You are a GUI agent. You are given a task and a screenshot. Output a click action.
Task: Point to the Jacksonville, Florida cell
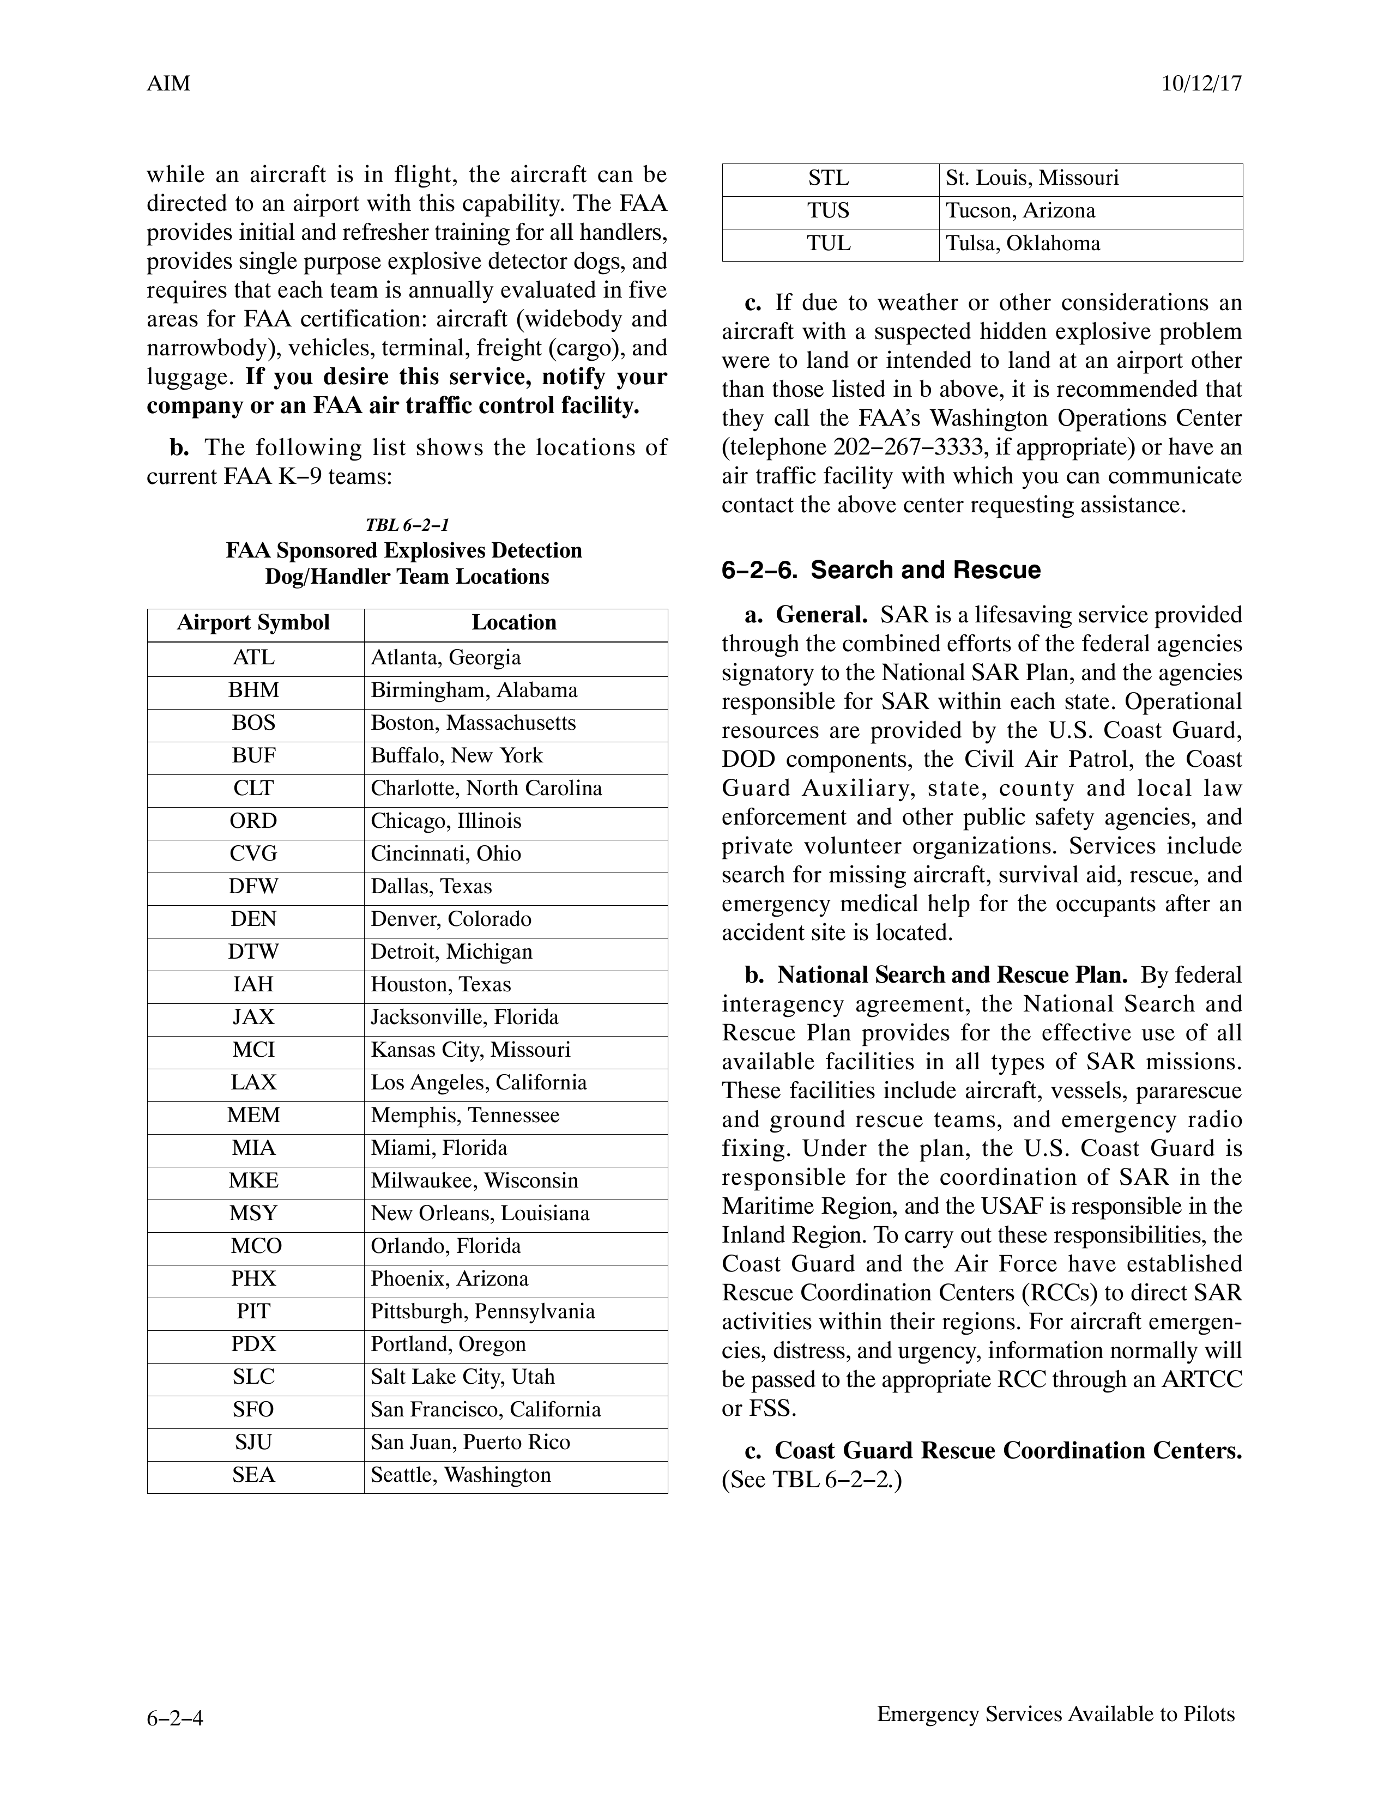[465, 1017]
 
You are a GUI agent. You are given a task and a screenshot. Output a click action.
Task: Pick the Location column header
[514, 623]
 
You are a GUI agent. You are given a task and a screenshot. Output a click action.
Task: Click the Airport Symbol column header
[254, 623]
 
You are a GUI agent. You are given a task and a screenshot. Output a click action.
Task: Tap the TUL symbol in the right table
[829, 243]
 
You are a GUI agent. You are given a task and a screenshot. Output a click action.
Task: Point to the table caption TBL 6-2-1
[407, 525]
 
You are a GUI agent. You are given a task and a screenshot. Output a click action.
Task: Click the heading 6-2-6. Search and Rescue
[881, 570]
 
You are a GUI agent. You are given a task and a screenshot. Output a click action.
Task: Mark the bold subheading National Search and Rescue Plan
[952, 976]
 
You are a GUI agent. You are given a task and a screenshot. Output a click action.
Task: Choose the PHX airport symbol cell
[254, 1279]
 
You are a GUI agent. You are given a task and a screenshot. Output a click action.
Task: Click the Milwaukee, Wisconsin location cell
[475, 1180]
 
